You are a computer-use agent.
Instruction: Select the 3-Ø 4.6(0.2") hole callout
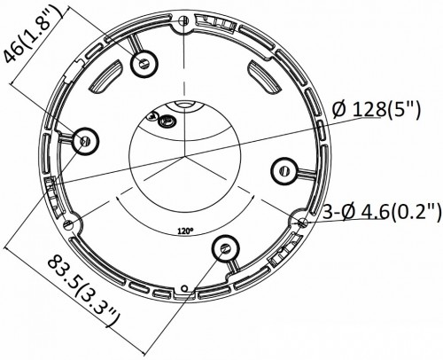pyautogui.click(x=380, y=211)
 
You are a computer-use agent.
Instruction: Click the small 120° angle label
pyautogui.click(x=183, y=228)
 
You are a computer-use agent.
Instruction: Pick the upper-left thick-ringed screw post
pyautogui.click(x=142, y=64)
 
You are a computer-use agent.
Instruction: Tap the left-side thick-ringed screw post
pyautogui.click(x=85, y=140)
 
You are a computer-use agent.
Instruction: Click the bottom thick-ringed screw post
pyautogui.click(x=226, y=249)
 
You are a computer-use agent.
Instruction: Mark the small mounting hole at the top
pyautogui.click(x=182, y=21)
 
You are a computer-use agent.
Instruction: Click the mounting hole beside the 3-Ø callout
pyautogui.click(x=304, y=222)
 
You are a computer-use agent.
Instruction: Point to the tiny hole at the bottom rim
pyautogui.click(x=183, y=290)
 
